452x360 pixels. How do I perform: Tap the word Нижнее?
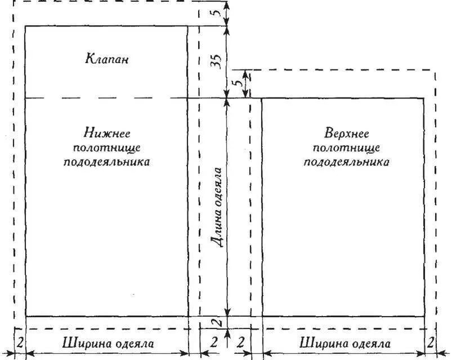(107, 134)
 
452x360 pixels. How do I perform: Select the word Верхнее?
(346, 134)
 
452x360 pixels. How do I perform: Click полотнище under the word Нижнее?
(107, 148)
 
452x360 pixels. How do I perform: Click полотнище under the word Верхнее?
(346, 148)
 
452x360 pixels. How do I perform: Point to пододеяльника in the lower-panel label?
(107, 162)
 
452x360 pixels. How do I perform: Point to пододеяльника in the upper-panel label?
(346, 162)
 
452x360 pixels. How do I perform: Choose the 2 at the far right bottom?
(431, 343)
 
